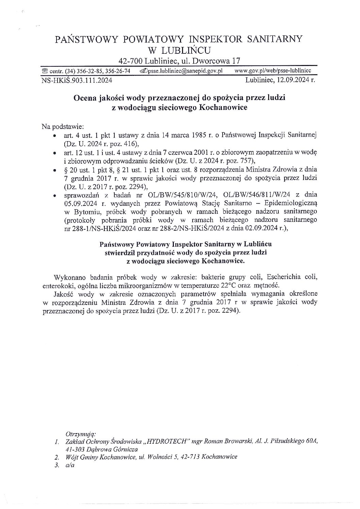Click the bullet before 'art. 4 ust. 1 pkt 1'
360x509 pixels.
[x=54, y=135]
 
